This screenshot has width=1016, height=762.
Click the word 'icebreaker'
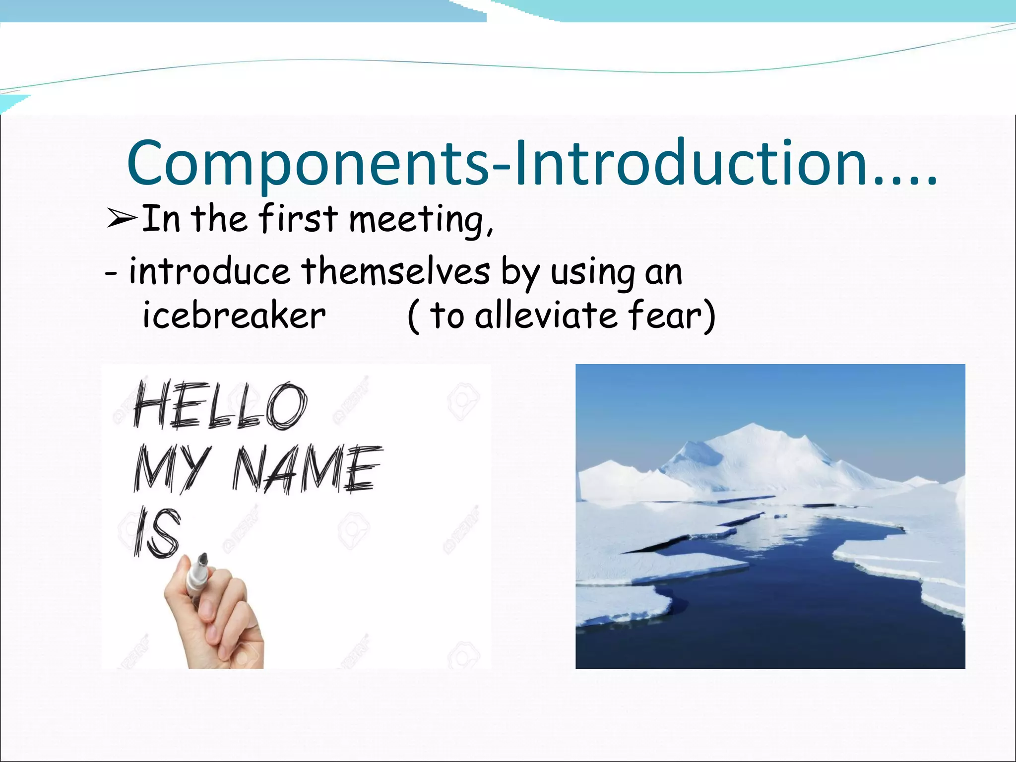234,316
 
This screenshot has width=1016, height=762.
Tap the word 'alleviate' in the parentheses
546,316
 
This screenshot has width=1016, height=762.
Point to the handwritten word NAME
308,469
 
